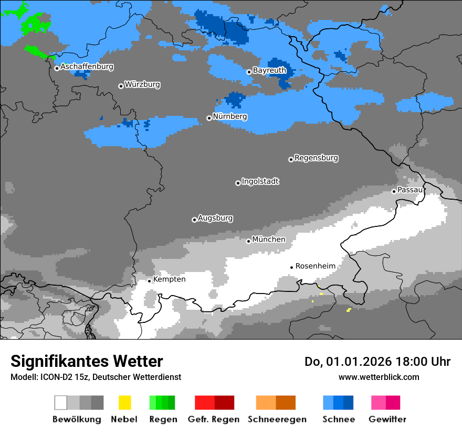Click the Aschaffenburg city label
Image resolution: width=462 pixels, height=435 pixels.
(87, 67)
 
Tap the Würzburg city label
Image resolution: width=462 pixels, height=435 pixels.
(142, 84)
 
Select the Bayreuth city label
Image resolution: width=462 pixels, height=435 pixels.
(269, 70)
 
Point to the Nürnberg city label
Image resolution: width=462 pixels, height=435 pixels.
(230, 116)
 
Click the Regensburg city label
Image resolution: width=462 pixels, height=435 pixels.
(316, 158)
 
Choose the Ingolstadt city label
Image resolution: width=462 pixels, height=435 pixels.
(260, 181)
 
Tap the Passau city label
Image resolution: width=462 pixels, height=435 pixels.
(410, 190)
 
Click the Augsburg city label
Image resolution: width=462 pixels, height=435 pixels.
(215, 218)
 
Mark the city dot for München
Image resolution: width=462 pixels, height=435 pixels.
(249, 241)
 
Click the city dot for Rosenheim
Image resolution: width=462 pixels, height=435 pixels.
(291, 267)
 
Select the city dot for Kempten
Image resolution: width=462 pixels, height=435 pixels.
(149, 281)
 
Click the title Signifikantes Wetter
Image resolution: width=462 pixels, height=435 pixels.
(87, 362)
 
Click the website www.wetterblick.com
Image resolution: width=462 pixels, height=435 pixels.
(379, 377)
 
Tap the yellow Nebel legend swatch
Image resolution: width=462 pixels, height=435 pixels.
(124, 403)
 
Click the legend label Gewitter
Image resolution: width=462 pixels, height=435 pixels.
(387, 419)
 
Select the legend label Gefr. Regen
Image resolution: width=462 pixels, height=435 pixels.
(214, 419)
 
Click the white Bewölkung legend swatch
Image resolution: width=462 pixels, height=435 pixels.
(61, 403)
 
